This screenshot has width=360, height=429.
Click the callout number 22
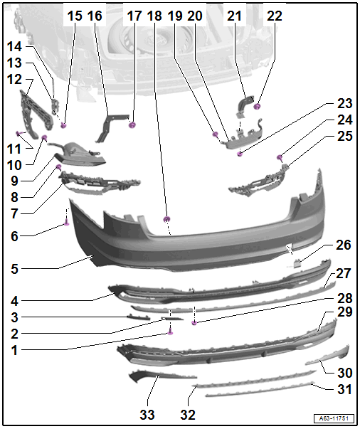tap(274, 16)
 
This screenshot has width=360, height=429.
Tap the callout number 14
tap(14, 46)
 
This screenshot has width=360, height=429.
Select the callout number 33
tap(147, 415)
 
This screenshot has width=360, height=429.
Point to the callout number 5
tap(14, 269)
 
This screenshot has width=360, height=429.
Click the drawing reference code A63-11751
tap(334, 418)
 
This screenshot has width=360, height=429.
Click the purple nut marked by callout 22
tap(257, 107)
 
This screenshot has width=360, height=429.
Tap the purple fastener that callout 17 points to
tap(132, 125)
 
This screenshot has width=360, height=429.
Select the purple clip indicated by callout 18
tap(166, 219)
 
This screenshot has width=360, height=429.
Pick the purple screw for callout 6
tap(66, 223)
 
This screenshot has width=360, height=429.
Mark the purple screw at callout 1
tap(170, 332)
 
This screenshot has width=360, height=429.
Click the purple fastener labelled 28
tap(194, 323)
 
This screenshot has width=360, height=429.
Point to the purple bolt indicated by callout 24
tap(280, 157)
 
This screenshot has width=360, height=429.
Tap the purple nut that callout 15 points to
tap(63, 126)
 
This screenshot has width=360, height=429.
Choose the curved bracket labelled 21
tap(245, 105)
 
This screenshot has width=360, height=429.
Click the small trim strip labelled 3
tap(139, 317)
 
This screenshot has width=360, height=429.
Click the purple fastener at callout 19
tap(216, 134)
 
